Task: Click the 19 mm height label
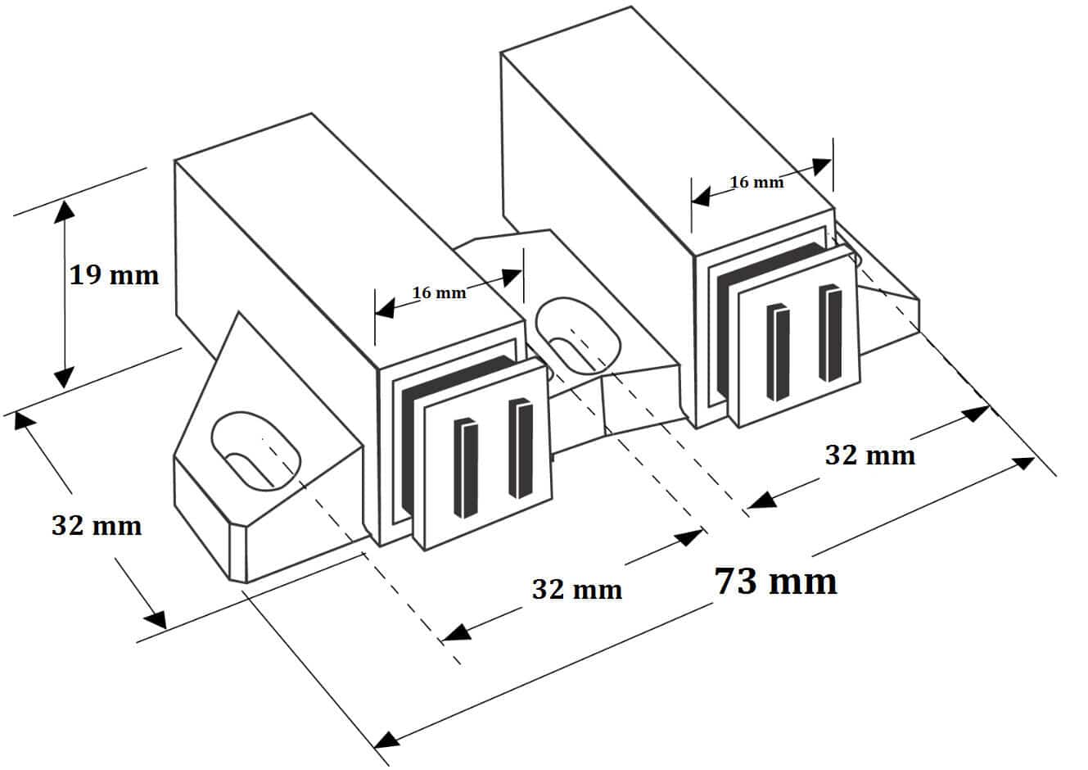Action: coord(113,274)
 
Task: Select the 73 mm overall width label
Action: coord(776,581)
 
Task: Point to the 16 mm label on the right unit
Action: coord(756,182)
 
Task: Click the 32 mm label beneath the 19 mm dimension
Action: coord(97,525)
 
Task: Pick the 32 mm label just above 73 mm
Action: coord(869,455)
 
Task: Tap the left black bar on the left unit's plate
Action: coord(465,468)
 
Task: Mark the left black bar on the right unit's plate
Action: coord(778,352)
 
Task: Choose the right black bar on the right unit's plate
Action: coord(830,333)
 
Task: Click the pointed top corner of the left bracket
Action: coord(238,314)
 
